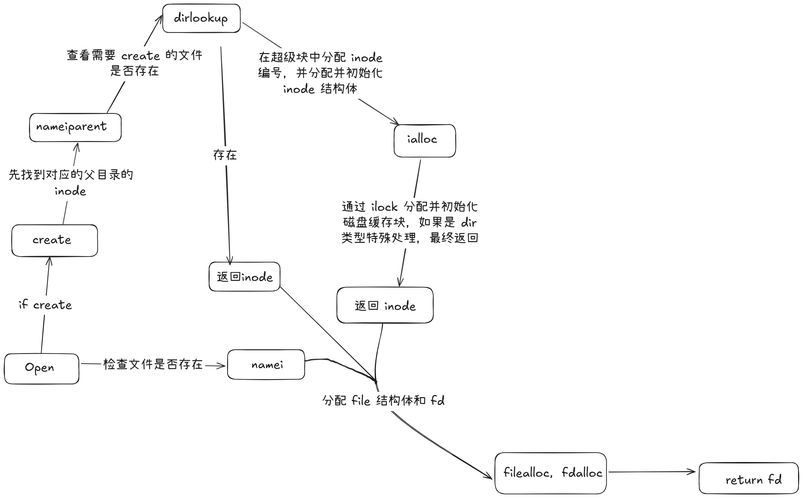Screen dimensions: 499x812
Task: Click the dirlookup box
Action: [x=201, y=18]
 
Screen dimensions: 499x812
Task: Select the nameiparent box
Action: [x=75, y=127]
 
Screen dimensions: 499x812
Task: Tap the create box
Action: [x=54, y=240]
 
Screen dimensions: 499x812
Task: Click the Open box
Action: [x=42, y=368]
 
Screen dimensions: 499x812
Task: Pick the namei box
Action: [x=266, y=365]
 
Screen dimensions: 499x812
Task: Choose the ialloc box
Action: [x=425, y=141]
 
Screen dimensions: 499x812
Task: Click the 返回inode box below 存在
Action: [x=244, y=277]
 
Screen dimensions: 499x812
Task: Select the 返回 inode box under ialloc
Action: [x=385, y=305]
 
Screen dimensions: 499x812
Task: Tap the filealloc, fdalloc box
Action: [x=551, y=473]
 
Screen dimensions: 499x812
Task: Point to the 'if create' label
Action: [x=45, y=305]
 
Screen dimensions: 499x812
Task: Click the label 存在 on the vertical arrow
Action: [x=225, y=155]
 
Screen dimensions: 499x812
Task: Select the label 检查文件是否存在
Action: [x=153, y=364]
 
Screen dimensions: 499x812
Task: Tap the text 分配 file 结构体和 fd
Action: [x=383, y=401]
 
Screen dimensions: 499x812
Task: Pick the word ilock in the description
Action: [x=384, y=207]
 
